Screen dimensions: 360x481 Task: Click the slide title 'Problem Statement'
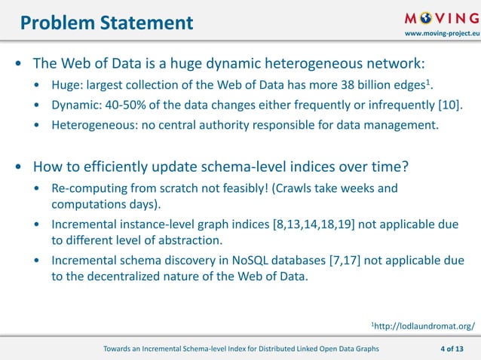tap(106, 23)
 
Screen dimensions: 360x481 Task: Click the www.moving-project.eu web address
tap(442, 35)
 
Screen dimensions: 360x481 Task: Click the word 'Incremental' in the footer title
tap(176, 349)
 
